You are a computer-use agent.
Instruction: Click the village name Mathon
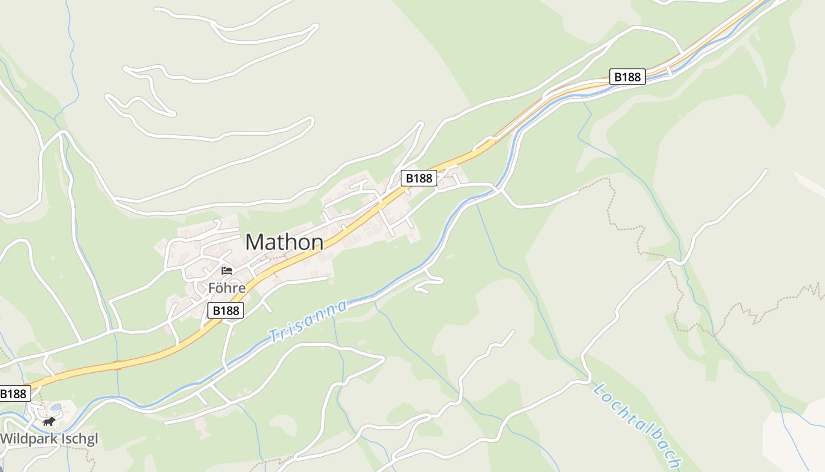284,242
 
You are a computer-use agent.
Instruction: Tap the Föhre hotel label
226,288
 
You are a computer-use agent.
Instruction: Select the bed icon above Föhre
227,271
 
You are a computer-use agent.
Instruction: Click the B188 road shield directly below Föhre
226,310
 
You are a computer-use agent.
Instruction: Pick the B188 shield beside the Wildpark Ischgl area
14,394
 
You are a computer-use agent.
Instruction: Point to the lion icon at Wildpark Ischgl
49,421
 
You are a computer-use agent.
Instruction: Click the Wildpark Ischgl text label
49,439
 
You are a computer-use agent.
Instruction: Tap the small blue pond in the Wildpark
55,407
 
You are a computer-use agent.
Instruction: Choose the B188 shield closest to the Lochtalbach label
627,76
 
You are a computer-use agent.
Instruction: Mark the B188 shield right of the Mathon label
419,178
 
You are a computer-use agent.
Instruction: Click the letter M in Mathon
254,242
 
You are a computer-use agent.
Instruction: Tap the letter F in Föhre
212,288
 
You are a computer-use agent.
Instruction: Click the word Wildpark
29,439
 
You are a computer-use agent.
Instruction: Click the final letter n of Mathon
317,242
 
